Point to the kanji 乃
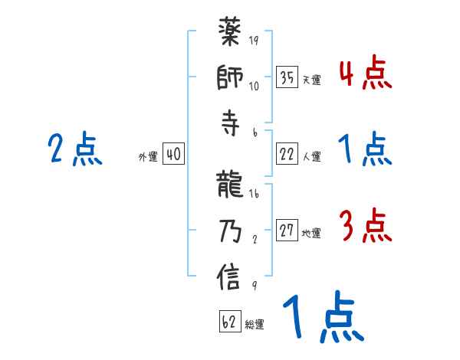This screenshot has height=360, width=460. coord(230,232)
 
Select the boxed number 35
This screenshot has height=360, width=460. coord(287,77)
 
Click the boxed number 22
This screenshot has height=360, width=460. coord(287,154)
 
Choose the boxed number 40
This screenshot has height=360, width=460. coord(173,155)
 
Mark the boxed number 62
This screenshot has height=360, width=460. coord(230,322)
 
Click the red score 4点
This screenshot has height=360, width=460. coord(365,74)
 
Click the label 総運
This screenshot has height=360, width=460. coord(255,325)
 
